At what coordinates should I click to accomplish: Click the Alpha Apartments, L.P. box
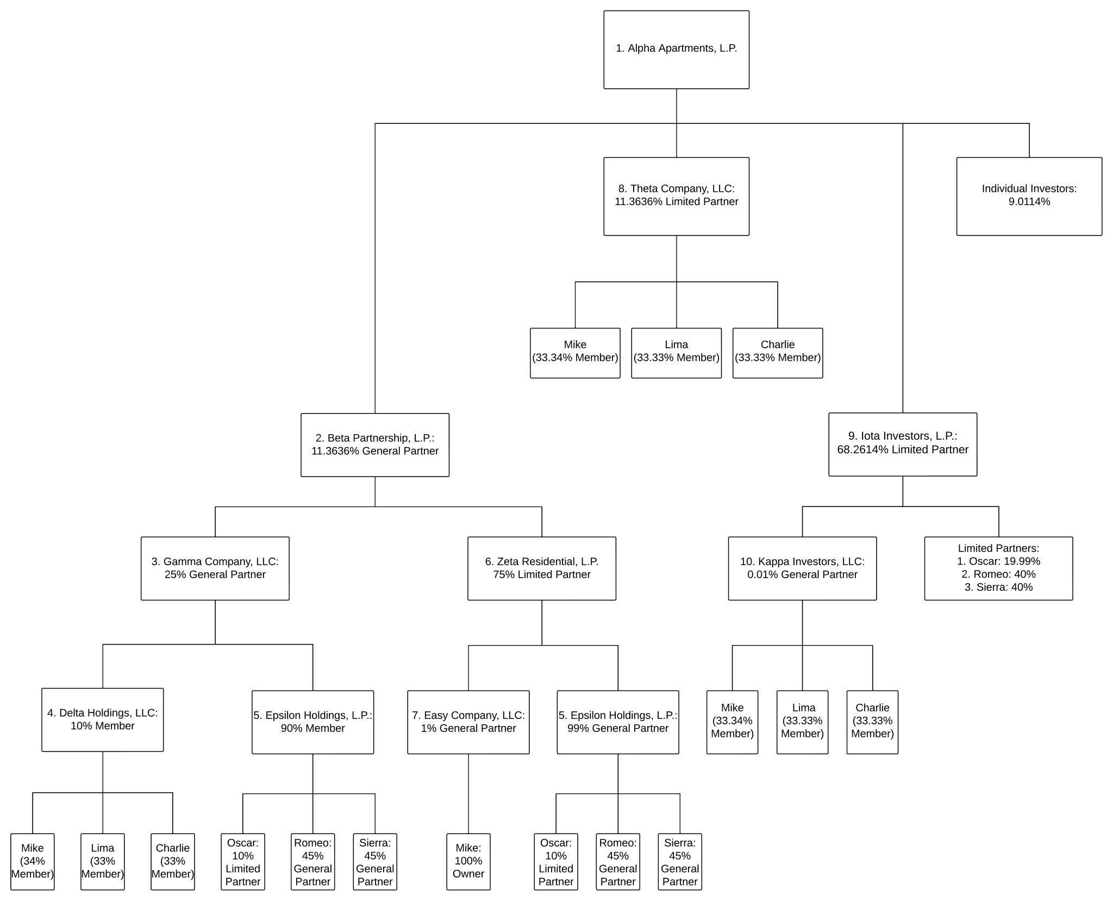click(676, 49)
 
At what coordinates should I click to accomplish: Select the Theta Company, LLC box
click(676, 196)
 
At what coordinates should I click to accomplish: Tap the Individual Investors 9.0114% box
click(1029, 196)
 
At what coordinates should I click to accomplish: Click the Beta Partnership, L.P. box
click(375, 445)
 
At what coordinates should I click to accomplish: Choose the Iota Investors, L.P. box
click(902, 444)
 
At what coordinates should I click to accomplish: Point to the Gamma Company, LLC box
click(215, 568)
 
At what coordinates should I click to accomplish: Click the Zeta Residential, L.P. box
click(541, 568)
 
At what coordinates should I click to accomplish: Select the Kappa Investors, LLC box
click(802, 568)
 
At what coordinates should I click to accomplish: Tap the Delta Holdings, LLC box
click(102, 719)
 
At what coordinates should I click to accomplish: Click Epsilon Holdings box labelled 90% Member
click(312, 722)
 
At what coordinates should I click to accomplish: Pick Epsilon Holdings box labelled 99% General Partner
click(617, 722)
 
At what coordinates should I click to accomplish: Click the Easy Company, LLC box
click(468, 722)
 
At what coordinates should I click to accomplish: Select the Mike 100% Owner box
click(468, 861)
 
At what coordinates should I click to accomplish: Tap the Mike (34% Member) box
click(32, 861)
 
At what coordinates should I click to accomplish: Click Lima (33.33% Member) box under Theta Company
click(676, 353)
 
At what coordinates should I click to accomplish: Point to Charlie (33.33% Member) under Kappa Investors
click(872, 722)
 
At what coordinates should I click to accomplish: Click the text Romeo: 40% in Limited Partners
click(998, 574)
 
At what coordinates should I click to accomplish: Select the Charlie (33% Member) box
click(172, 861)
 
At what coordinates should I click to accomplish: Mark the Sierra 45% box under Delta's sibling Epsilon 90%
click(374, 861)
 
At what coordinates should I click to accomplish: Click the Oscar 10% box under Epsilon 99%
click(555, 861)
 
